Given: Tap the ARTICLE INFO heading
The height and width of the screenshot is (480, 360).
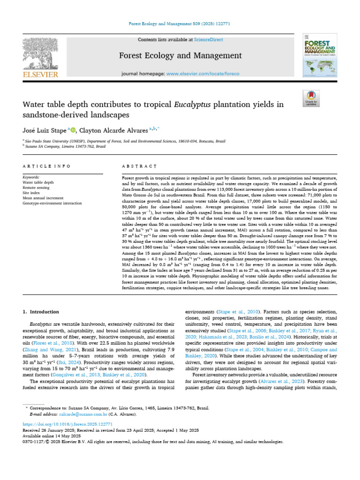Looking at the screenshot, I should (46, 166).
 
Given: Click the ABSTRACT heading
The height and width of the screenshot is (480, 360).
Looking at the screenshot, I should (139, 166).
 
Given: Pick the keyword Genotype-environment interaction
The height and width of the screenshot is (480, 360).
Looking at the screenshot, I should (52, 203).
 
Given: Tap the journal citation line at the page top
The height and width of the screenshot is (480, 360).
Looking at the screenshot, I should (180, 23).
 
